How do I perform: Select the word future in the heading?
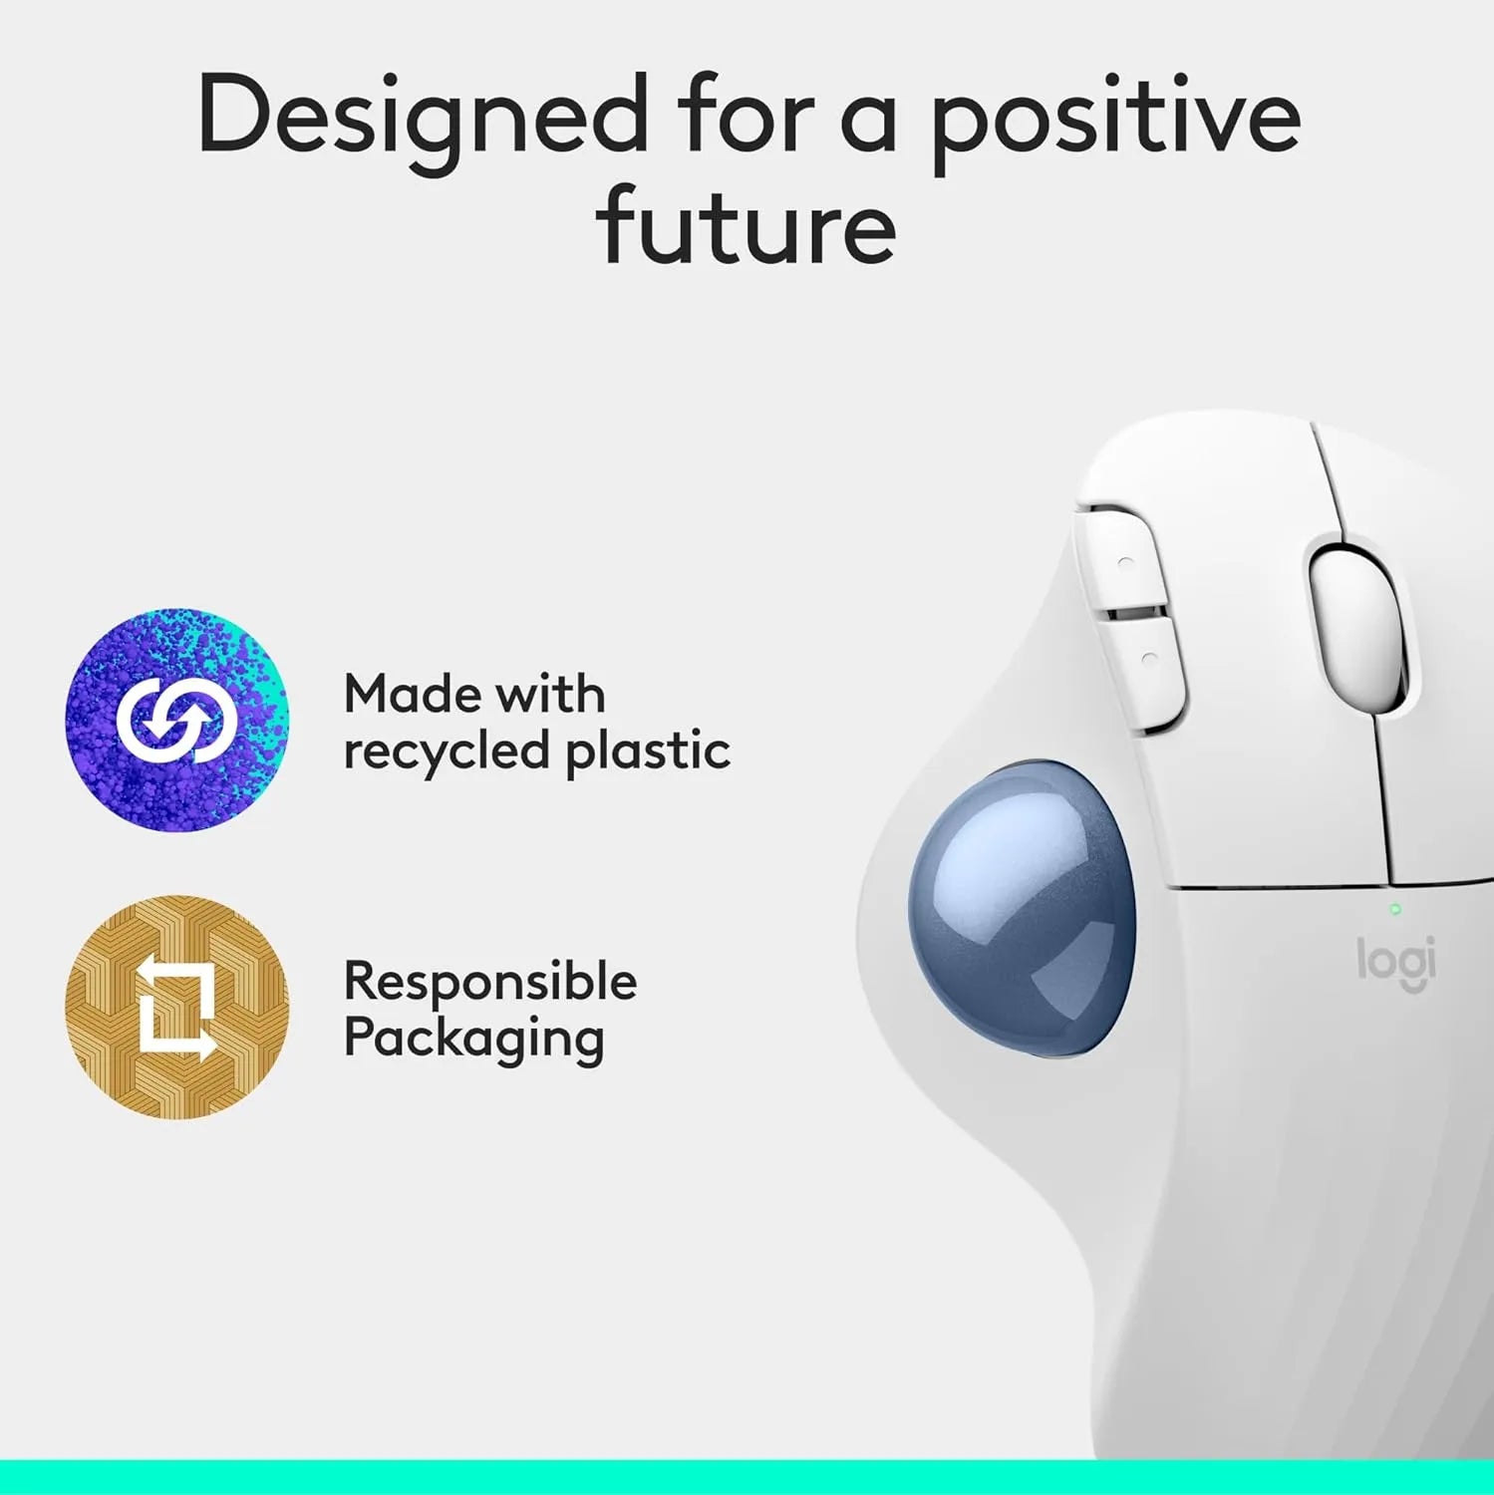pos(747,227)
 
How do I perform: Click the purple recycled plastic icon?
pos(177,720)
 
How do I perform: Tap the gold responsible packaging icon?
pos(177,1008)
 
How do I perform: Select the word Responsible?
pos(490,982)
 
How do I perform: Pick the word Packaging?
pos(474,1040)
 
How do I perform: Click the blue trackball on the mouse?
pos(1021,908)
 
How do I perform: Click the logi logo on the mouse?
pos(1396,963)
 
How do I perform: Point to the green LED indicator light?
pos(1395,909)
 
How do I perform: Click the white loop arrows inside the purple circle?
pos(177,720)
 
